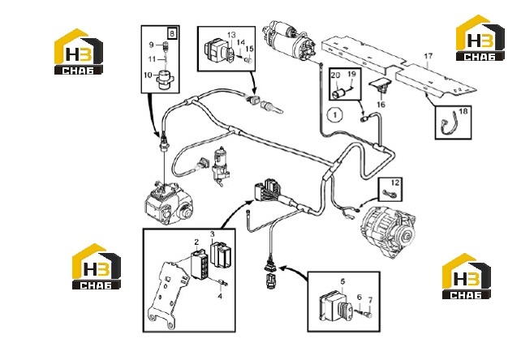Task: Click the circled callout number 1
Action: point(335,115)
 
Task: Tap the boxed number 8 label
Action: point(172,33)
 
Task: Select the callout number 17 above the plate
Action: point(428,56)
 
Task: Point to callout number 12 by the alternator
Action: point(394,182)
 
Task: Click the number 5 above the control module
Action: point(343,281)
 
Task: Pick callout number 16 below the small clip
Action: point(381,105)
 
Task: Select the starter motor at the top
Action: point(290,39)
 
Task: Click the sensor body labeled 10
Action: point(165,80)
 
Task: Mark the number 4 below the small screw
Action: point(220,296)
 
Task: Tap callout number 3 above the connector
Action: point(213,234)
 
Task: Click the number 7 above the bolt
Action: point(371,300)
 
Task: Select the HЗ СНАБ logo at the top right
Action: point(480,38)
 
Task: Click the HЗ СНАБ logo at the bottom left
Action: point(97,266)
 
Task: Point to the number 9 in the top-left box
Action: point(152,45)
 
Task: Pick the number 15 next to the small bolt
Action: point(249,49)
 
